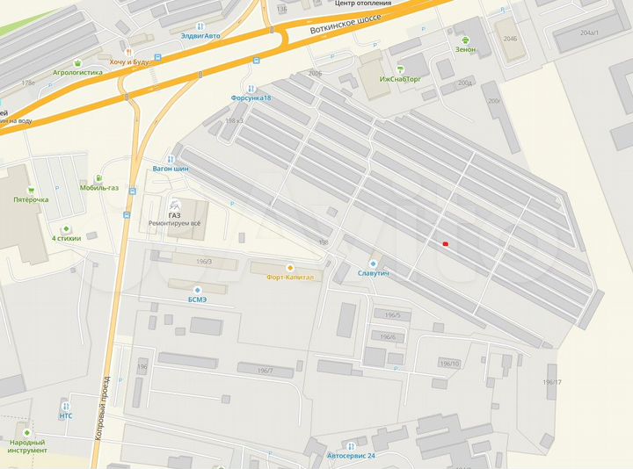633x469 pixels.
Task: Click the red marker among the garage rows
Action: (446, 243)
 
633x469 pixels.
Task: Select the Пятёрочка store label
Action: (31, 199)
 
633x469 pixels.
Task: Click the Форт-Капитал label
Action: (288, 277)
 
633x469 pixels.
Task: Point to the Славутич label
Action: (373, 273)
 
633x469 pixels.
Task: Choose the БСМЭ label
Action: (197, 299)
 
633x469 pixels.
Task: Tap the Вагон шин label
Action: (171, 168)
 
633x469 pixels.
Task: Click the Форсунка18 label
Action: (251, 97)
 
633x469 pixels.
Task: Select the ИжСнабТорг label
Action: (401, 79)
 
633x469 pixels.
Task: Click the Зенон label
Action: (465, 49)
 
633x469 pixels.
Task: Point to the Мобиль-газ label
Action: (98, 187)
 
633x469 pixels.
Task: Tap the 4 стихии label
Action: (66, 238)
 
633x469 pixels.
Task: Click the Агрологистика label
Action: (78, 73)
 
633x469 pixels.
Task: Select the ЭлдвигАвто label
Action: (200, 36)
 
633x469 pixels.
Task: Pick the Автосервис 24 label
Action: (351, 456)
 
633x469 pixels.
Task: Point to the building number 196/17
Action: (552, 381)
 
